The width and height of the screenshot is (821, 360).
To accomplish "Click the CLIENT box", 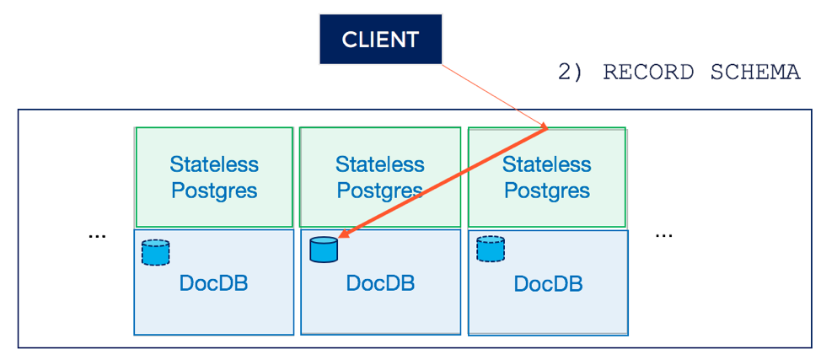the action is pos(381,40).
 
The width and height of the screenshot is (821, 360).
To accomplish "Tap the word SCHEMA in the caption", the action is pos(755,73).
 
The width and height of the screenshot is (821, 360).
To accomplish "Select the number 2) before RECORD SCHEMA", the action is pos(570,73).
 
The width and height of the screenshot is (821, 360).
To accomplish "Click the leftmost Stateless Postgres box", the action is pos(214,176).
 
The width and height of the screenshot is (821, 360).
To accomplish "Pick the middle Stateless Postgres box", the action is pos(379,176).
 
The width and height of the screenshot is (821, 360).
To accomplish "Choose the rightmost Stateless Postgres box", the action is pos(547,176).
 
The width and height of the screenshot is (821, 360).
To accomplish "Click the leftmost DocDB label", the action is pos(213,283).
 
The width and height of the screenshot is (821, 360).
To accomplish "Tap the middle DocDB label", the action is pos(381,283).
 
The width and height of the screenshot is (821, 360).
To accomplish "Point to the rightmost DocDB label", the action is pos(548,283).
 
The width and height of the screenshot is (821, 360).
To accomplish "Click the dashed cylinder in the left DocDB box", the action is pos(156,253).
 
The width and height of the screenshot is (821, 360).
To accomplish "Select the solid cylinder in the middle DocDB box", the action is pos(324,250).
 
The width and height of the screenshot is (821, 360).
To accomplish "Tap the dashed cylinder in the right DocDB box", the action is pos(491,249).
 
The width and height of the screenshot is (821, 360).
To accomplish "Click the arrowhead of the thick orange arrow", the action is pos(343,237).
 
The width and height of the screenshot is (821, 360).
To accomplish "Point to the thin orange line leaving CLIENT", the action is pos(495,95).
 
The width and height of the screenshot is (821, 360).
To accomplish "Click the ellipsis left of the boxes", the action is pos(98,236).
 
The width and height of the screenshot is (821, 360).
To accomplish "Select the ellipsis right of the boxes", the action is pos(663,234).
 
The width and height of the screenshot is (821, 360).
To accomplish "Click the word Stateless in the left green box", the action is pos(214,164).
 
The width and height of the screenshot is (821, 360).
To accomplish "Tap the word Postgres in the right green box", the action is pos(547,191).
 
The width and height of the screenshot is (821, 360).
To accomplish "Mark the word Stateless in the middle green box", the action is pos(380,164).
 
